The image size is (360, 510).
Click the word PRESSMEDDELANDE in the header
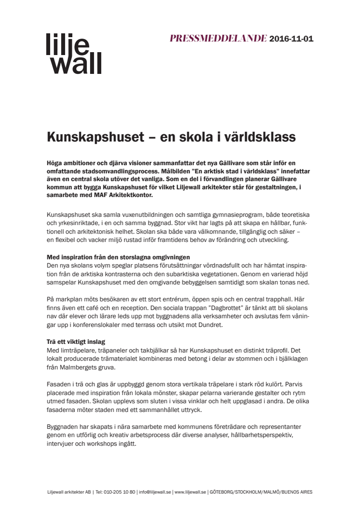click(218, 39)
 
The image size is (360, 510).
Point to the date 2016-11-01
click(291, 39)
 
